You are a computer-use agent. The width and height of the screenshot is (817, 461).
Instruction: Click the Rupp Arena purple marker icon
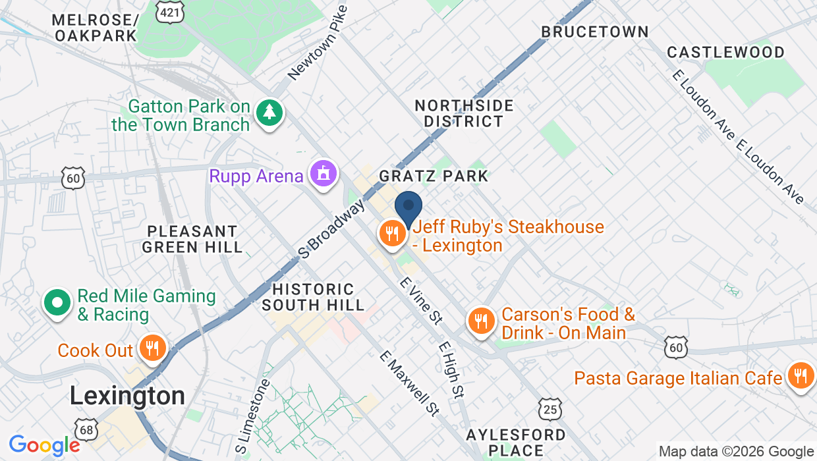tap(324, 175)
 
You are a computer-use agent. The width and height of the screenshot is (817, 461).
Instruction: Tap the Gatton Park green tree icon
tap(269, 113)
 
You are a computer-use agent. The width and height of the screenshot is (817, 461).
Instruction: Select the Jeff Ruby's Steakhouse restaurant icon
tap(392, 233)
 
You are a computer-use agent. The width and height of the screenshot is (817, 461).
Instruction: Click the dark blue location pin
tap(408, 207)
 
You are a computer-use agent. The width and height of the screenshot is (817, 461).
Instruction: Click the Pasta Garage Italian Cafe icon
tap(800, 376)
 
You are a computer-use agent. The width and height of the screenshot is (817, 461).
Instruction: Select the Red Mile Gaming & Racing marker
tap(57, 303)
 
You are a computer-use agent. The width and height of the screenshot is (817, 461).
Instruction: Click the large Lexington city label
tap(127, 396)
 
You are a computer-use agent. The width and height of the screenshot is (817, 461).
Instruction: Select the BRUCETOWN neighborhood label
tap(594, 32)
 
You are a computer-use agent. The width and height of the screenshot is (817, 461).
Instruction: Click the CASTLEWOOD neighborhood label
tap(725, 52)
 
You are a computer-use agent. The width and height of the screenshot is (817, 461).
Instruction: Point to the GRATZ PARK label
tap(434, 176)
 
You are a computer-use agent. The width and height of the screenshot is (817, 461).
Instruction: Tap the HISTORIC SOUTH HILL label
tap(313, 297)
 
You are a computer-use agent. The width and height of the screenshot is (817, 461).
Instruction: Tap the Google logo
tap(44, 446)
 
